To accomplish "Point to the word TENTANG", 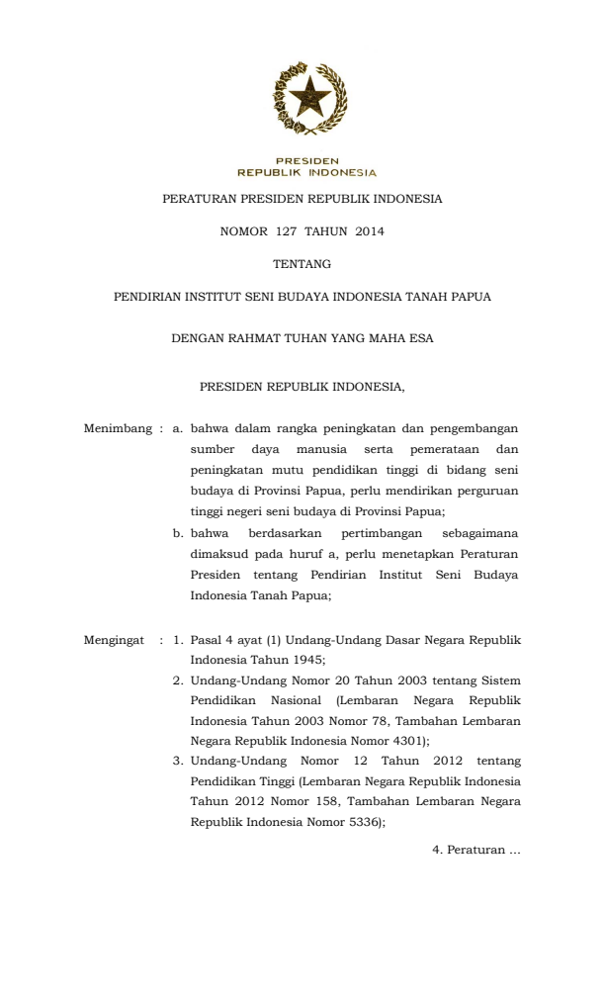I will (302, 264).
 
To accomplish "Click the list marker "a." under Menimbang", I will (178, 430).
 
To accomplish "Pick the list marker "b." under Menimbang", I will (179, 534).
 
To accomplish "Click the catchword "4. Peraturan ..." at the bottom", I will (475, 850).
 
